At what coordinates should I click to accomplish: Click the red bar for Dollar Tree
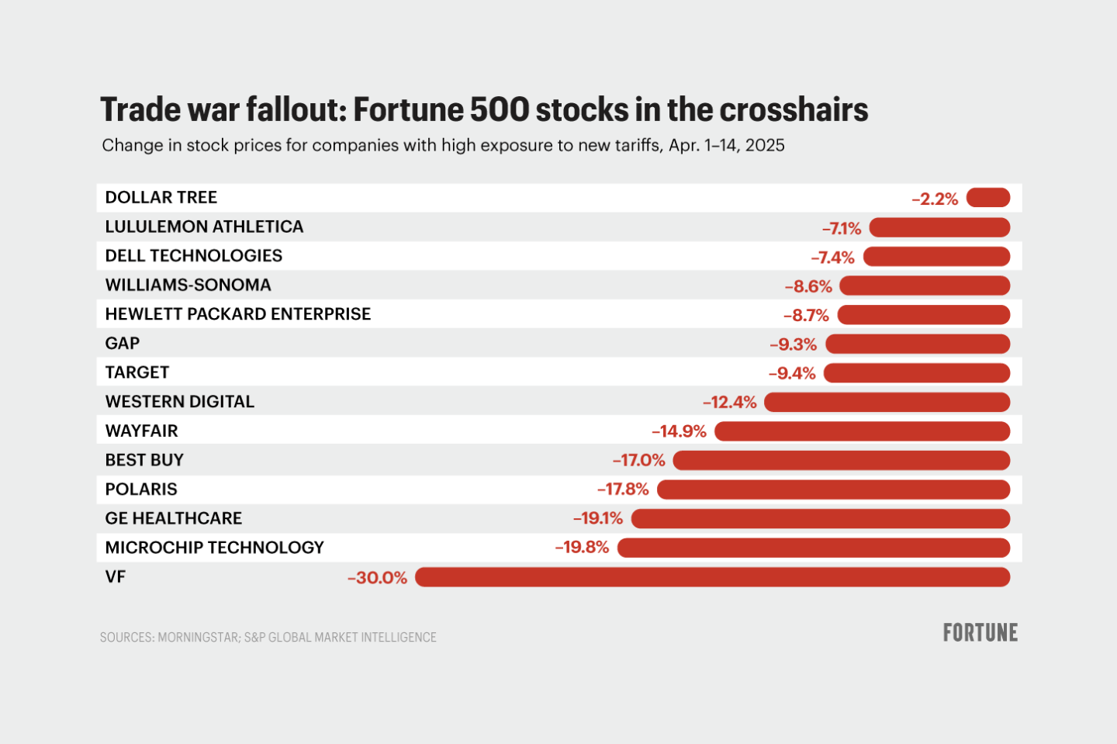988,198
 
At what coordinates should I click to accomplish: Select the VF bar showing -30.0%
712,577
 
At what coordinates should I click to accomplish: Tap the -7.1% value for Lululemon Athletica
842,228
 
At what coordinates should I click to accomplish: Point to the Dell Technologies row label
194,256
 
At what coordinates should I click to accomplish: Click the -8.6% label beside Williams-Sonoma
808,286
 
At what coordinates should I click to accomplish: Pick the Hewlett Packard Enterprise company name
238,314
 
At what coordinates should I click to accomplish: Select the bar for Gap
918,344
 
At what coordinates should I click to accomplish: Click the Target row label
137,372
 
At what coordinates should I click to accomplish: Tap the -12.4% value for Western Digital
729,402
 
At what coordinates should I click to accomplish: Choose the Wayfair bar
862,431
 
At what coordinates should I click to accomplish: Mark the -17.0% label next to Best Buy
639,460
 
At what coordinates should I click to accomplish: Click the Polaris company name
141,490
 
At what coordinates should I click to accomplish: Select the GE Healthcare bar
821,518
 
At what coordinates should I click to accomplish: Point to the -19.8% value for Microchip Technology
582,548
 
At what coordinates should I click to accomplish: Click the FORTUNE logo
980,633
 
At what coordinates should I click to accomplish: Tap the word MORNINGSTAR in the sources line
199,638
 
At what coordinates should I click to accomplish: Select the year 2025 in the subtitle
765,146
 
